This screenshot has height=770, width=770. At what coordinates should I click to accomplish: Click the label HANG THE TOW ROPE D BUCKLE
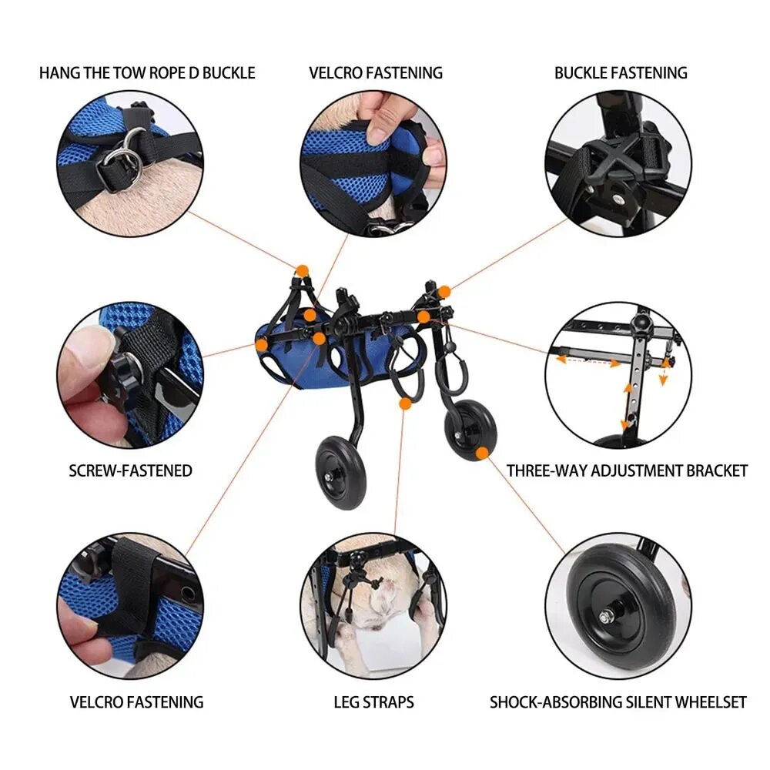pyautogui.click(x=147, y=73)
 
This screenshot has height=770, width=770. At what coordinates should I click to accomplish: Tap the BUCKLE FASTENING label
pyautogui.click(x=621, y=73)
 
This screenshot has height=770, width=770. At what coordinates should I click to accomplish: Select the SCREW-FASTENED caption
pyautogui.click(x=131, y=471)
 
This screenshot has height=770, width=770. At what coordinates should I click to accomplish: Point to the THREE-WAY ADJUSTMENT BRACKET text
pyautogui.click(x=627, y=471)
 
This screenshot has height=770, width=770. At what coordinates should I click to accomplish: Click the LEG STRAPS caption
pyautogui.click(x=373, y=702)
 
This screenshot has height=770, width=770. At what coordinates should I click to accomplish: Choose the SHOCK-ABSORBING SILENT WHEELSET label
pyautogui.click(x=618, y=702)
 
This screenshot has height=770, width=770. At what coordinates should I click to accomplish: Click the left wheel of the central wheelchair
pyautogui.click(x=341, y=473)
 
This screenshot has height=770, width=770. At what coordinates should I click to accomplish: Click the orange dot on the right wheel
pyautogui.click(x=483, y=453)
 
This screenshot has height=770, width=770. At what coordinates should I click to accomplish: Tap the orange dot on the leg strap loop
pyautogui.click(x=405, y=403)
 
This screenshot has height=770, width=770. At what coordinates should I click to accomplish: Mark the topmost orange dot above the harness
pyautogui.click(x=303, y=270)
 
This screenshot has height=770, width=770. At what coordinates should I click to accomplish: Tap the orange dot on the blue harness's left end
pyautogui.click(x=262, y=345)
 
